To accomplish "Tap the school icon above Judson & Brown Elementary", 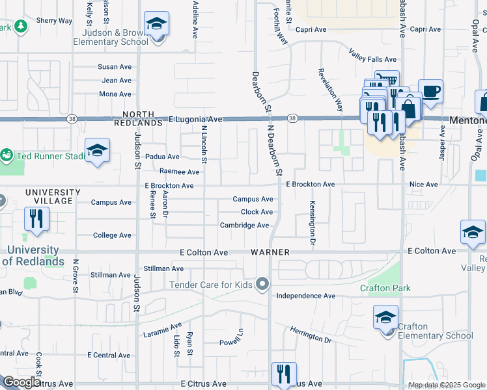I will tap(156, 25).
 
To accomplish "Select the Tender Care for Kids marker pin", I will tap(262, 284).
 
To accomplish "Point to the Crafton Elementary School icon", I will tap(385, 318).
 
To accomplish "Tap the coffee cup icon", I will tap(430, 91).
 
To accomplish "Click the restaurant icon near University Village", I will tap(36, 219).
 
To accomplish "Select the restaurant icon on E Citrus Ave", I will tap(284, 374).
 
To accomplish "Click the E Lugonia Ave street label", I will tap(195, 120).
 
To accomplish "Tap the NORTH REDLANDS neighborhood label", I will tap(137, 117).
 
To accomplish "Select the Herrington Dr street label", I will tap(311, 335).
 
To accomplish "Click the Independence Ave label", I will tap(305, 296).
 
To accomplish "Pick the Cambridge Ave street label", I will tap(244, 226).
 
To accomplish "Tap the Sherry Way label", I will tap(54, 21).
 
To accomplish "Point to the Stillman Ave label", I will tap(163, 268).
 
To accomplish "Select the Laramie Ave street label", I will tap(162, 331).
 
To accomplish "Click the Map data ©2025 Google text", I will tap(446, 385).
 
